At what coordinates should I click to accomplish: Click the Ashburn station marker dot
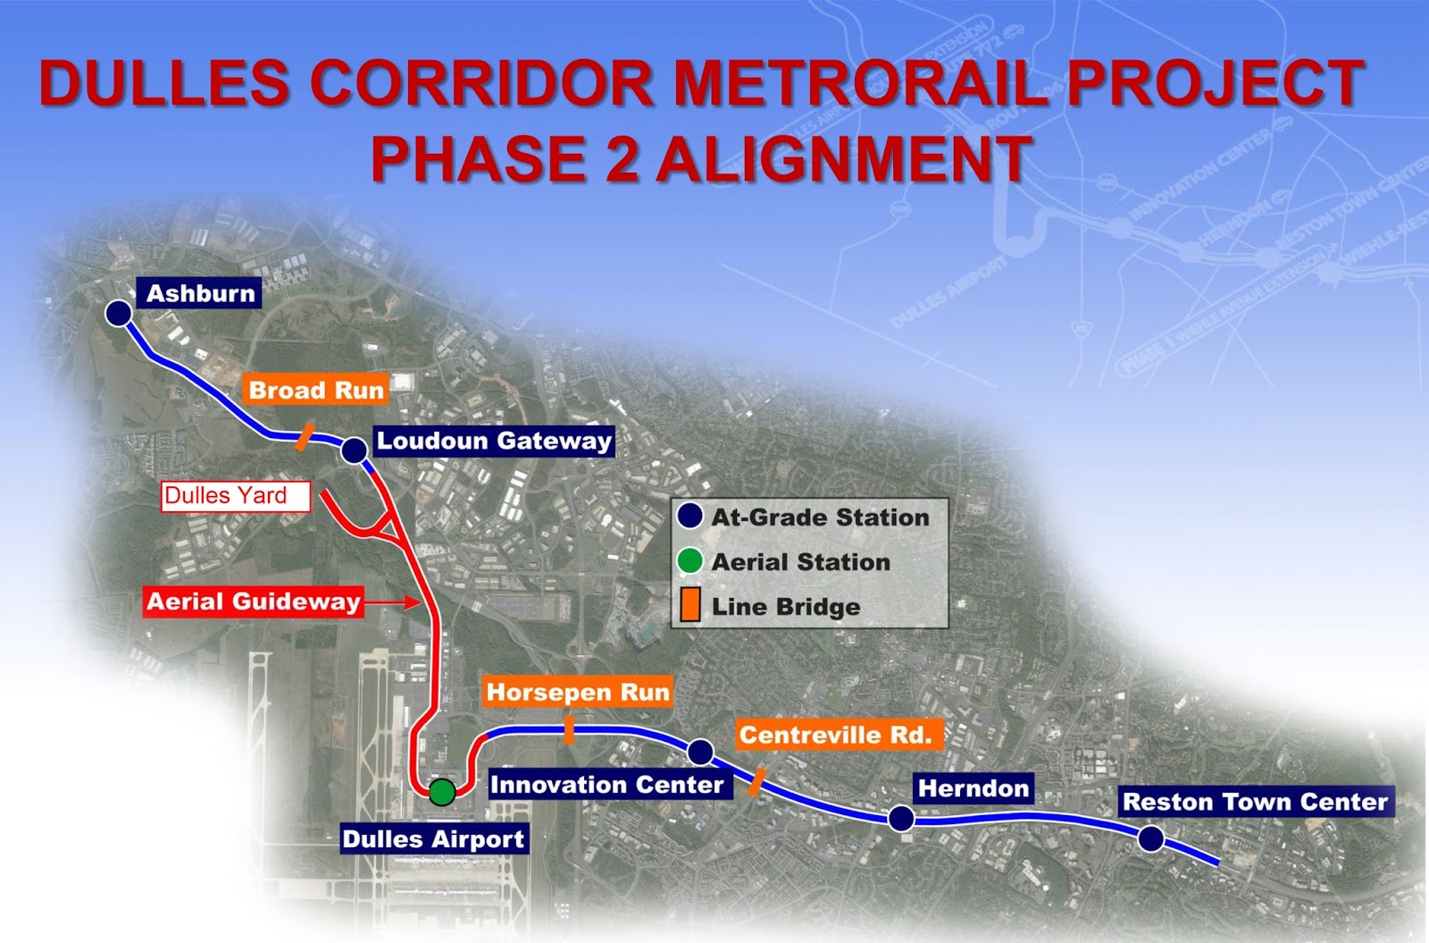118,314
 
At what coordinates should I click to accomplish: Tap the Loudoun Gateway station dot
355,450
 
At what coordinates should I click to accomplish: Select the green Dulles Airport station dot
441,792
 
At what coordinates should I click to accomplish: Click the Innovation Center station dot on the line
701,752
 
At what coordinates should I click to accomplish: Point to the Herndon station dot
901,818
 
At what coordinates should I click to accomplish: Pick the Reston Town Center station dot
1151,838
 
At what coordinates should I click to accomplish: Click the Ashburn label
200,294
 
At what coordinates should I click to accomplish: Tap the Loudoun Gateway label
494,441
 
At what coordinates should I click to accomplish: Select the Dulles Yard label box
235,496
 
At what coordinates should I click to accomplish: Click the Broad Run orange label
316,390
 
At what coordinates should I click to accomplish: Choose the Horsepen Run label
577,692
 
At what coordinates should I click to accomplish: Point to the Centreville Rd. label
836,735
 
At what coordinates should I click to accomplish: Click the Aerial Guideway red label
254,602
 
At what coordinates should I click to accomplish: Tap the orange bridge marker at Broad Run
304,437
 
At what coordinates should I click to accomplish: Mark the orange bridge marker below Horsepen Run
569,730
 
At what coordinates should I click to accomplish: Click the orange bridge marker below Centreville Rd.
756,782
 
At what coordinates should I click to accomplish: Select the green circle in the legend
689,561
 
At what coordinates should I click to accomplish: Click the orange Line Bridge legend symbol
689,606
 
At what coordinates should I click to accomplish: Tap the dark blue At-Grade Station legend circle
689,517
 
